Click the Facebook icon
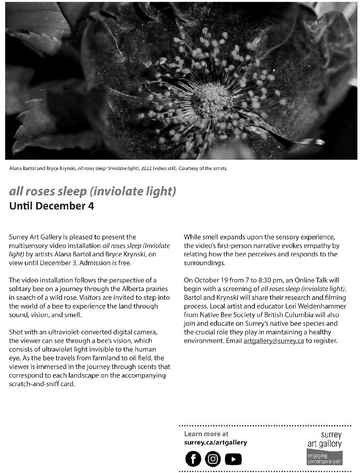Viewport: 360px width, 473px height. [x=193, y=459]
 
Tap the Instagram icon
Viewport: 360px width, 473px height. [x=213, y=459]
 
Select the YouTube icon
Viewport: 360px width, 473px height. [x=233, y=459]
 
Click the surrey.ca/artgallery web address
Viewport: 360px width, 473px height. [x=215, y=443]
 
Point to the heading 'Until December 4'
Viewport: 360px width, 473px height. [x=52, y=206]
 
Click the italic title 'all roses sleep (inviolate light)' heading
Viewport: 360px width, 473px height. [x=93, y=191]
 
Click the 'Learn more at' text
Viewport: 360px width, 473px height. [x=206, y=434]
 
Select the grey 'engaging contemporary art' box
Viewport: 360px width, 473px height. [x=324, y=457]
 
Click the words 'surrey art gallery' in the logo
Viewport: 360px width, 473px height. [x=325, y=439]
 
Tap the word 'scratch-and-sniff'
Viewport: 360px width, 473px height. [x=37, y=385]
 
